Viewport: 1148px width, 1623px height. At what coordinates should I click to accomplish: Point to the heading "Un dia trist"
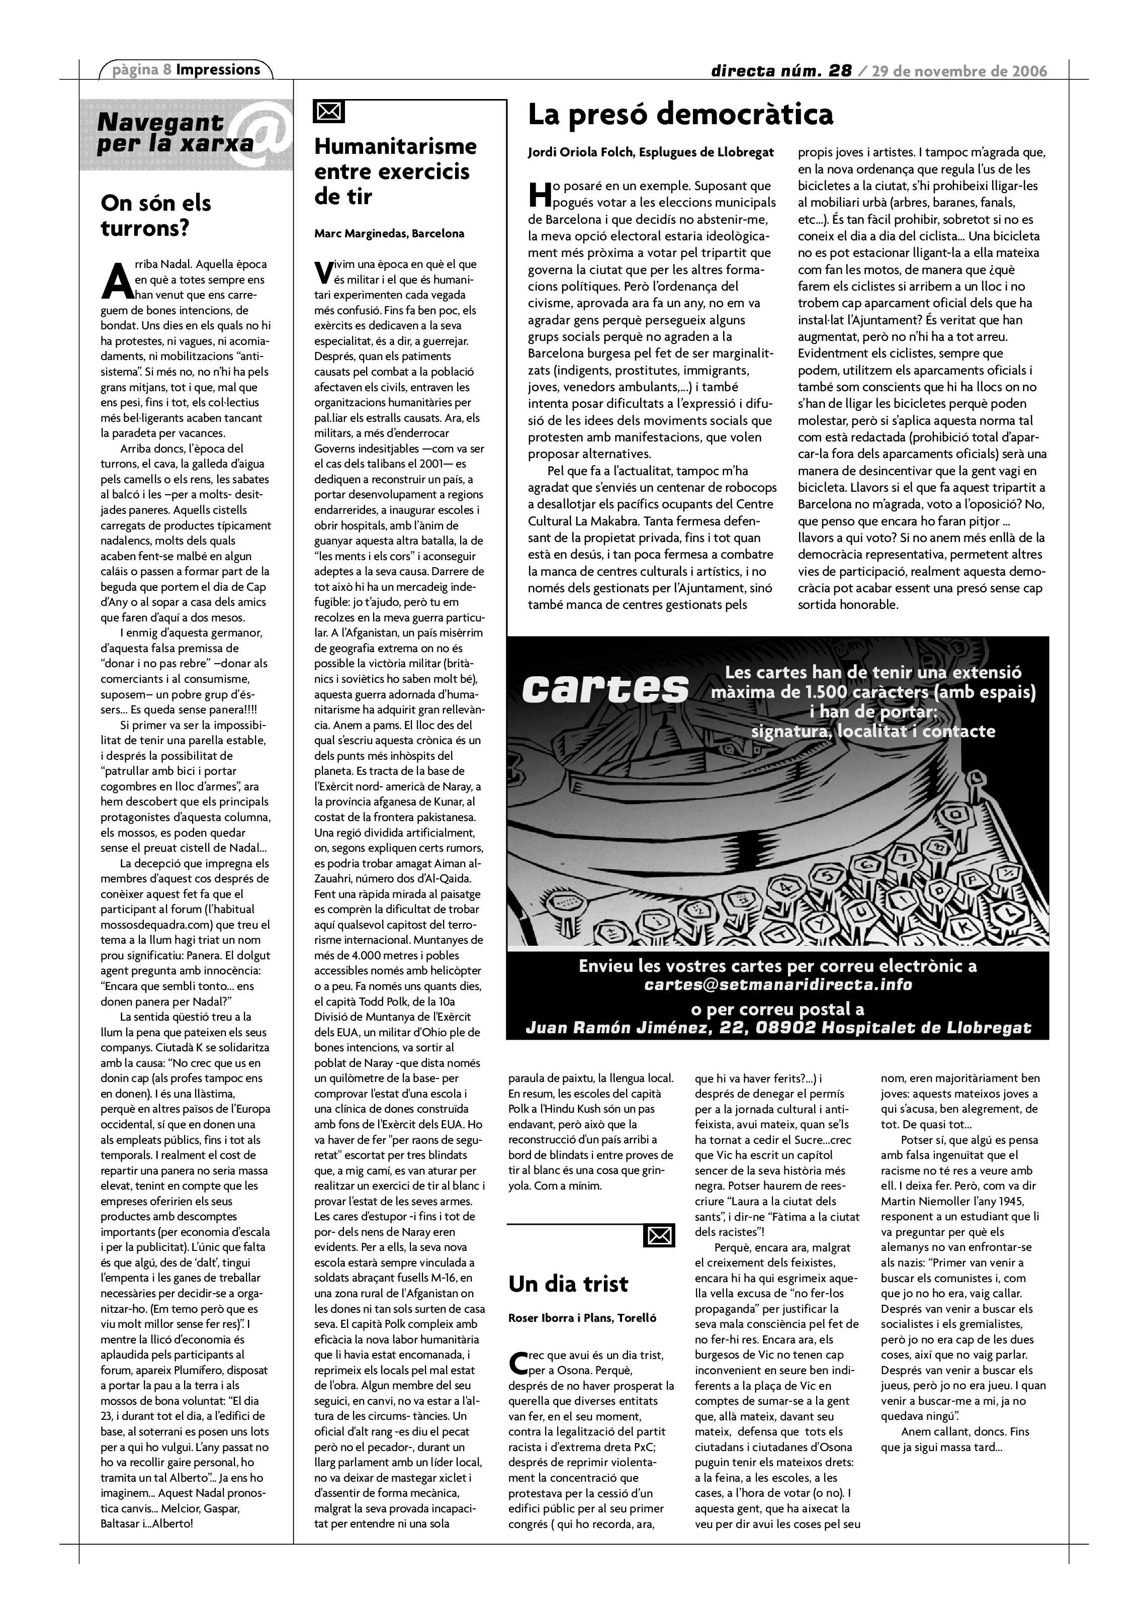click(x=568, y=1284)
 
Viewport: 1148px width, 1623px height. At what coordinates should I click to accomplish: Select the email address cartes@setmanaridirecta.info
click(x=777, y=984)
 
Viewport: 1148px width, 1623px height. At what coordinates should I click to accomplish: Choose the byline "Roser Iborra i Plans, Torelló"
click(x=582, y=1318)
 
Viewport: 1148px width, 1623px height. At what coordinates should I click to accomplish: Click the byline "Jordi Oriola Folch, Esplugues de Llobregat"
click(x=650, y=152)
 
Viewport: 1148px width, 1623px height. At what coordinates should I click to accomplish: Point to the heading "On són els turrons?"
click(x=156, y=216)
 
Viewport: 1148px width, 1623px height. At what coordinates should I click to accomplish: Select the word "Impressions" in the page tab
click(x=218, y=69)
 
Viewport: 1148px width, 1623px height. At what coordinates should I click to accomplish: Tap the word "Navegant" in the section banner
click(x=160, y=122)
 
